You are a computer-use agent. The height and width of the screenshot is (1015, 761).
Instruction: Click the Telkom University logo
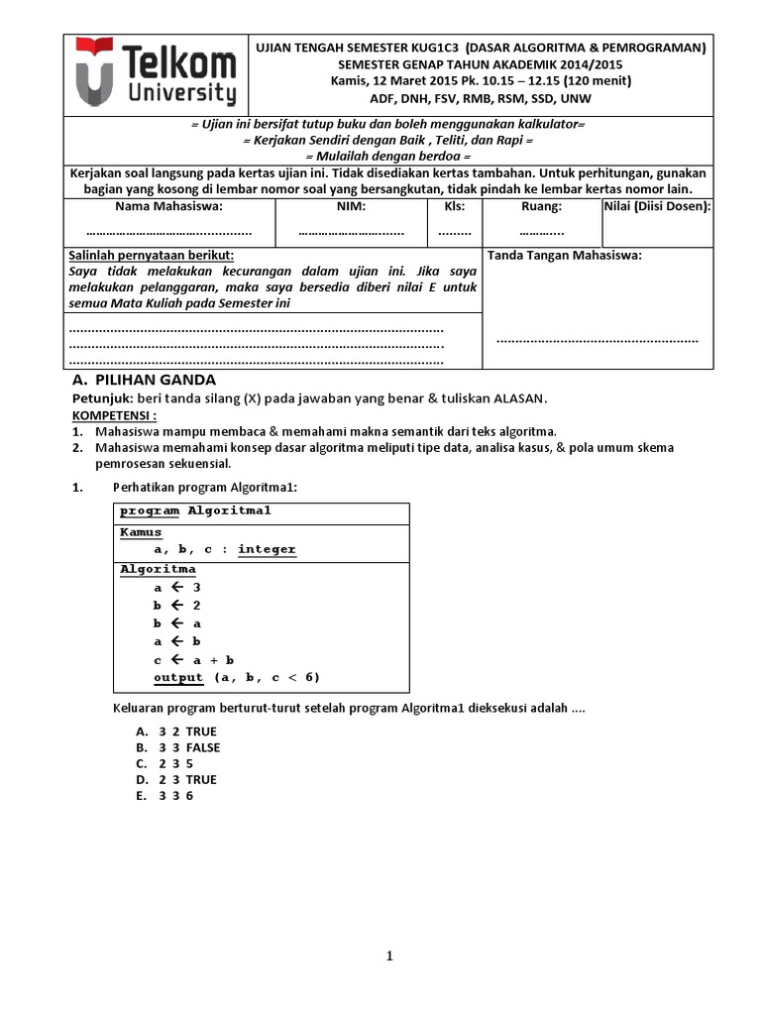tap(158, 74)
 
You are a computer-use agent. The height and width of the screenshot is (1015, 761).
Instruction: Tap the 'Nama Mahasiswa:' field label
tap(169, 206)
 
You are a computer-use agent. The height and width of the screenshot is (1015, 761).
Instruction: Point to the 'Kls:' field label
tap(454, 206)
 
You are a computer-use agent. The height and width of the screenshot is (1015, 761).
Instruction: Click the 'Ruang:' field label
tap(541, 206)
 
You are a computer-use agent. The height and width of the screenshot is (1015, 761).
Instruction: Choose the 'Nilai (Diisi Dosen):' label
tap(657, 206)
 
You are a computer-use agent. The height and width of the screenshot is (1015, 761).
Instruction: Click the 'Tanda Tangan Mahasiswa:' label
tap(565, 255)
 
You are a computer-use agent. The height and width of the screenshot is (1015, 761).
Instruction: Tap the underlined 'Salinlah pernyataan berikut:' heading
tap(152, 255)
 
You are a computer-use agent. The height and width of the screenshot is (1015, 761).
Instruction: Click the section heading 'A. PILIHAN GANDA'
tap(145, 381)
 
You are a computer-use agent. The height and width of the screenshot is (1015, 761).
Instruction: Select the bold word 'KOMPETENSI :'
tap(113, 415)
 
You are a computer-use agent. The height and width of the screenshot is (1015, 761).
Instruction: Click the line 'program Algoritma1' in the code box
tap(195, 510)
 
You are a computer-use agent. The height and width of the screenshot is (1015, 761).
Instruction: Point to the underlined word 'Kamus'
tap(141, 532)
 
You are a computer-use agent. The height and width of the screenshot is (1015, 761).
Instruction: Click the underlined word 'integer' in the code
tap(267, 549)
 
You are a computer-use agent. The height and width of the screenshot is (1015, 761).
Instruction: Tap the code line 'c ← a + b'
tap(193, 659)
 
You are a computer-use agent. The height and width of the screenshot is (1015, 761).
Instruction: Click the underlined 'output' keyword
tap(178, 677)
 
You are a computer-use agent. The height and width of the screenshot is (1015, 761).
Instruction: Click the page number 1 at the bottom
tap(390, 956)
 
